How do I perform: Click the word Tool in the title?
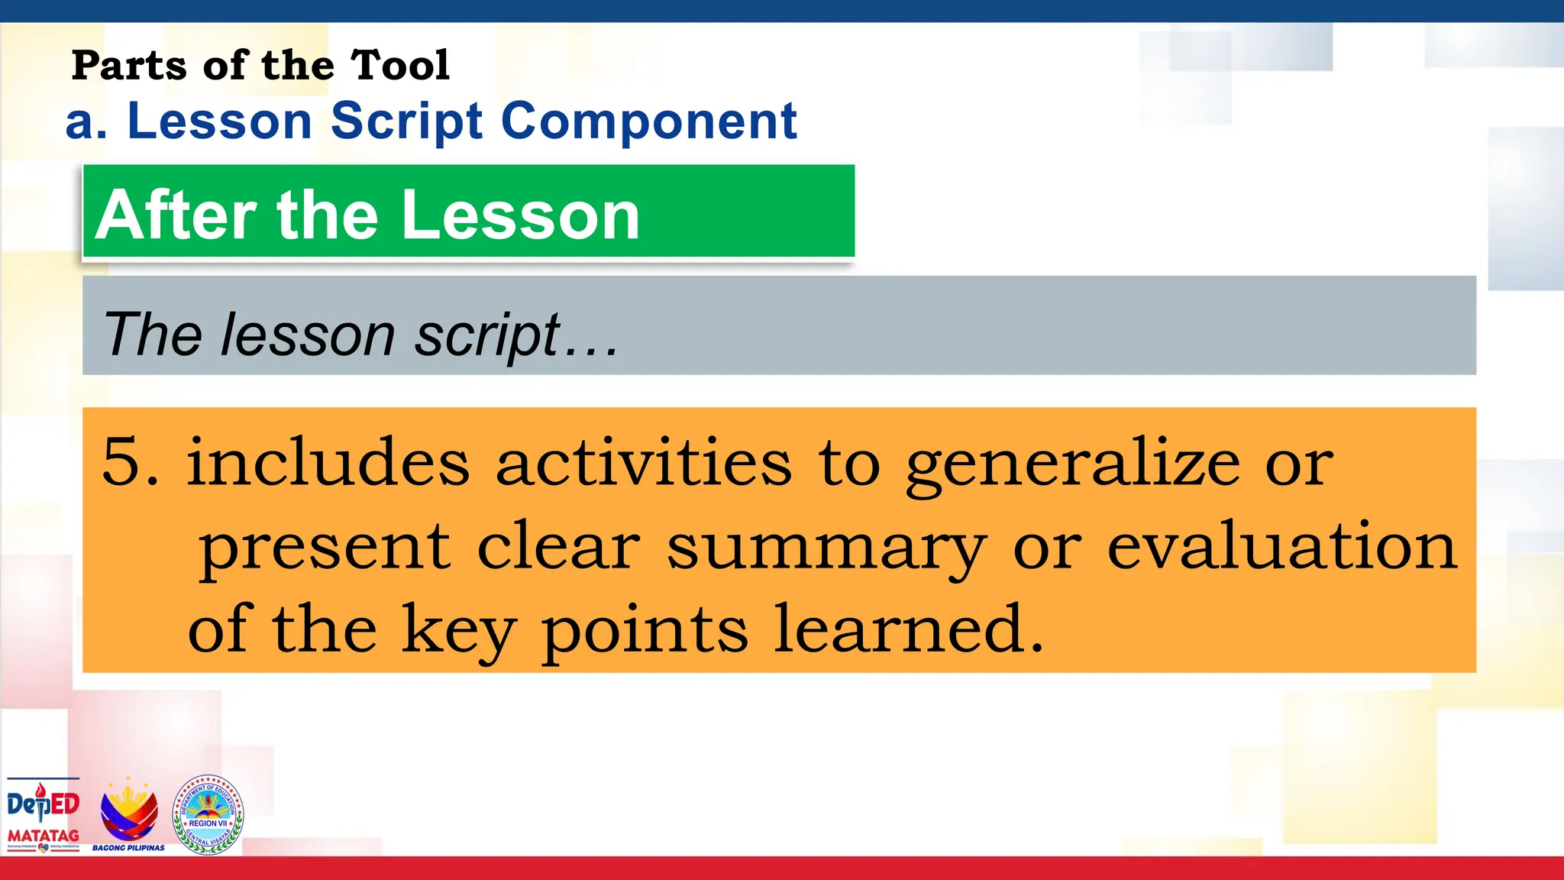tap(400, 65)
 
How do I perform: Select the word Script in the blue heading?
tap(406, 122)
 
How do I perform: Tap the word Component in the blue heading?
tap(649, 122)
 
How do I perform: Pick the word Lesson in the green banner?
tap(520, 215)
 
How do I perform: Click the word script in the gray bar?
tap(487, 336)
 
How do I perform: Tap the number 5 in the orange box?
tap(122, 461)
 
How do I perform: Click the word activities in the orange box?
tap(644, 463)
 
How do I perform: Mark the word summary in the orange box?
tap(826, 548)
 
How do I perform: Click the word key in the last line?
tap(458, 631)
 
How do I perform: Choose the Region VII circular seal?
tap(208, 814)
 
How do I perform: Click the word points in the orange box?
tap(645, 631)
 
